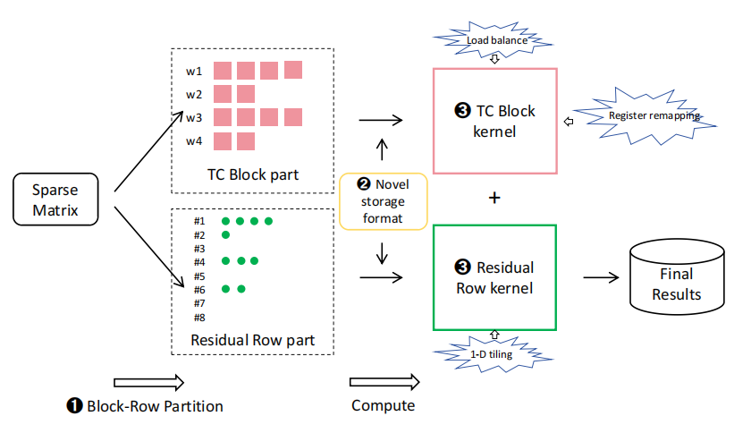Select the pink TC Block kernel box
[494, 120]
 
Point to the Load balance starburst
[494, 39]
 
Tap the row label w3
[194, 117]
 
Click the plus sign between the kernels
[494, 198]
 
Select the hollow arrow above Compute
[383, 382]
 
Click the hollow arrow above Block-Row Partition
[148, 382]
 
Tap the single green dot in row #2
[225, 234]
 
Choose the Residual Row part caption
[252, 340]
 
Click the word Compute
[384, 405]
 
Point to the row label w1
[194, 71]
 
